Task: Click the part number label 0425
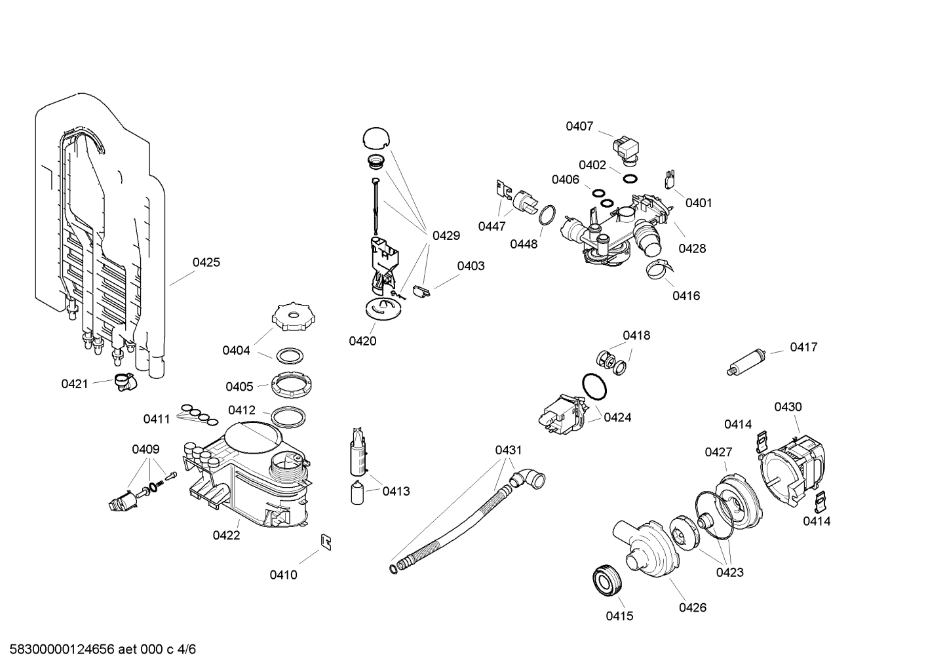coord(206,262)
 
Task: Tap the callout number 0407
coord(579,126)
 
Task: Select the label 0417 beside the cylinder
coord(803,347)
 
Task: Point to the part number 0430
coord(788,406)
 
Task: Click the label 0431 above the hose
coord(509,450)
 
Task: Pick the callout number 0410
coord(283,575)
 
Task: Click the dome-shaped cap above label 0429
coord(376,137)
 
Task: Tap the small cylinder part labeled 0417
coord(747,363)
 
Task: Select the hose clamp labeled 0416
coord(659,268)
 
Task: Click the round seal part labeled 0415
coord(606,580)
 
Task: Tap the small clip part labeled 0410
coord(325,541)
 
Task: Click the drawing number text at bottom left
coord(98,650)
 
